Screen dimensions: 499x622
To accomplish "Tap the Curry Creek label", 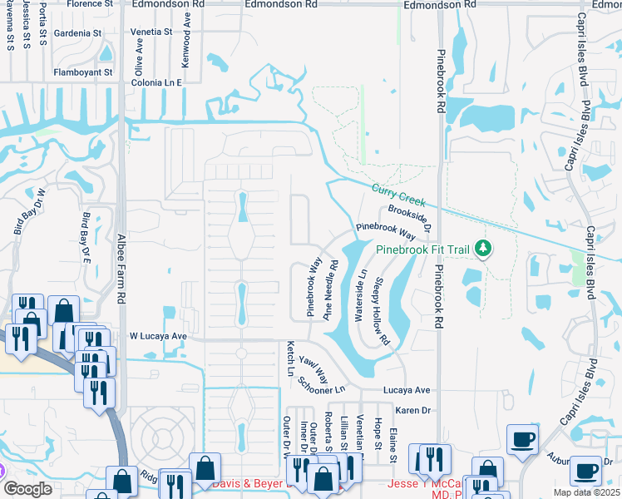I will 399,195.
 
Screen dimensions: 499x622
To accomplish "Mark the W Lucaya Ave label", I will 158,337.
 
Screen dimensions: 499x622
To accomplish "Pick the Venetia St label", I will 151,32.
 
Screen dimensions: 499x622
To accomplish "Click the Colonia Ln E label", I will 158,82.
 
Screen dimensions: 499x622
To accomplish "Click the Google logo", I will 28,489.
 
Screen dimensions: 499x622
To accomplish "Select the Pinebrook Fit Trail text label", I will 422,249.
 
